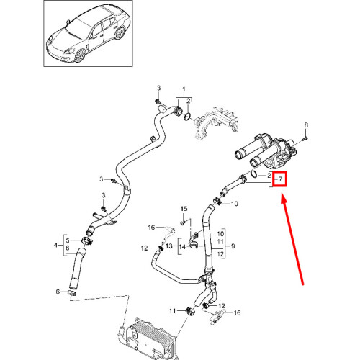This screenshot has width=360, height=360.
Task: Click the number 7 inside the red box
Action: tap(280, 178)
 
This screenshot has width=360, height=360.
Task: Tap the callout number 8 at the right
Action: tap(305, 125)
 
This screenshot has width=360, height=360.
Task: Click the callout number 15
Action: tap(183, 209)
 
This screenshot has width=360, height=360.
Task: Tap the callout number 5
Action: tap(68, 240)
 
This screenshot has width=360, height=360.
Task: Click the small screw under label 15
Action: tap(183, 223)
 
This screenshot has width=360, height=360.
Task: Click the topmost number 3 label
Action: tap(158, 88)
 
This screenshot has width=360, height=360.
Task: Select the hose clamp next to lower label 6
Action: tap(71, 292)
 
